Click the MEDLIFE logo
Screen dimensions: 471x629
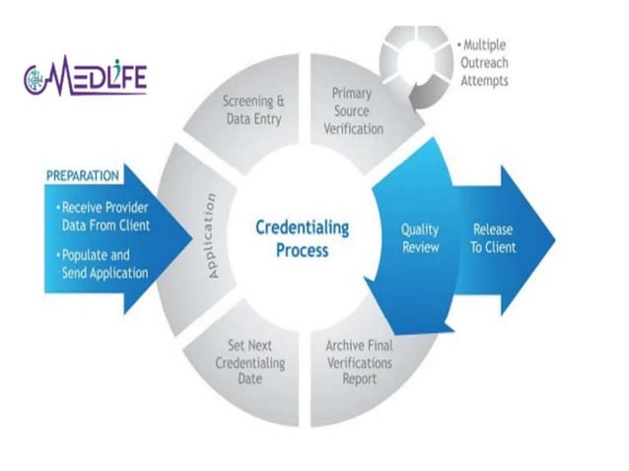coord(85,79)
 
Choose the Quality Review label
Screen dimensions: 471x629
coord(419,237)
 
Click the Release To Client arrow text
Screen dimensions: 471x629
coord(492,237)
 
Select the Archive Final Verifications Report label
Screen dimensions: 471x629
coord(358,363)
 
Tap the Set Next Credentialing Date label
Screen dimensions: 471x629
coord(250,363)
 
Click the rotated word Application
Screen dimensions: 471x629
coord(208,235)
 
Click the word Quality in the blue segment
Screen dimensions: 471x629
coord(419,229)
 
